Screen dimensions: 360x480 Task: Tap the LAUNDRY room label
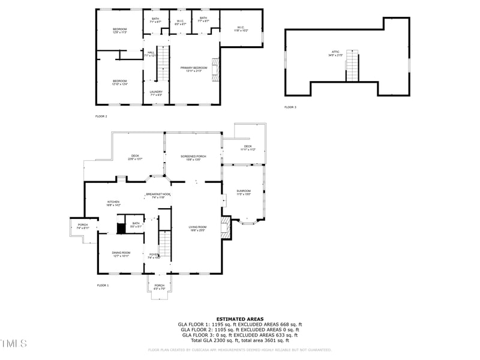point(156,93)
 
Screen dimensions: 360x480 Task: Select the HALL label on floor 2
point(151,53)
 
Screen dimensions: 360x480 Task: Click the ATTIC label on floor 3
point(335,53)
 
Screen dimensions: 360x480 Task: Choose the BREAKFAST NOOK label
point(158,195)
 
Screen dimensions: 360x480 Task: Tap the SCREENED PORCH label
point(194,157)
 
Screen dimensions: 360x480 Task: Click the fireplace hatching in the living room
point(225,228)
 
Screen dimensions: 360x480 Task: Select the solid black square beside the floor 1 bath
point(121,227)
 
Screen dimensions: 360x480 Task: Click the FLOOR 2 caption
point(101,116)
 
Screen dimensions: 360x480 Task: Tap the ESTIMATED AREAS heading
point(239,319)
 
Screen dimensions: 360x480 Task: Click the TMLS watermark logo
point(14,343)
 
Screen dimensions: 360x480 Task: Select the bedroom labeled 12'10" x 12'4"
point(120,82)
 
